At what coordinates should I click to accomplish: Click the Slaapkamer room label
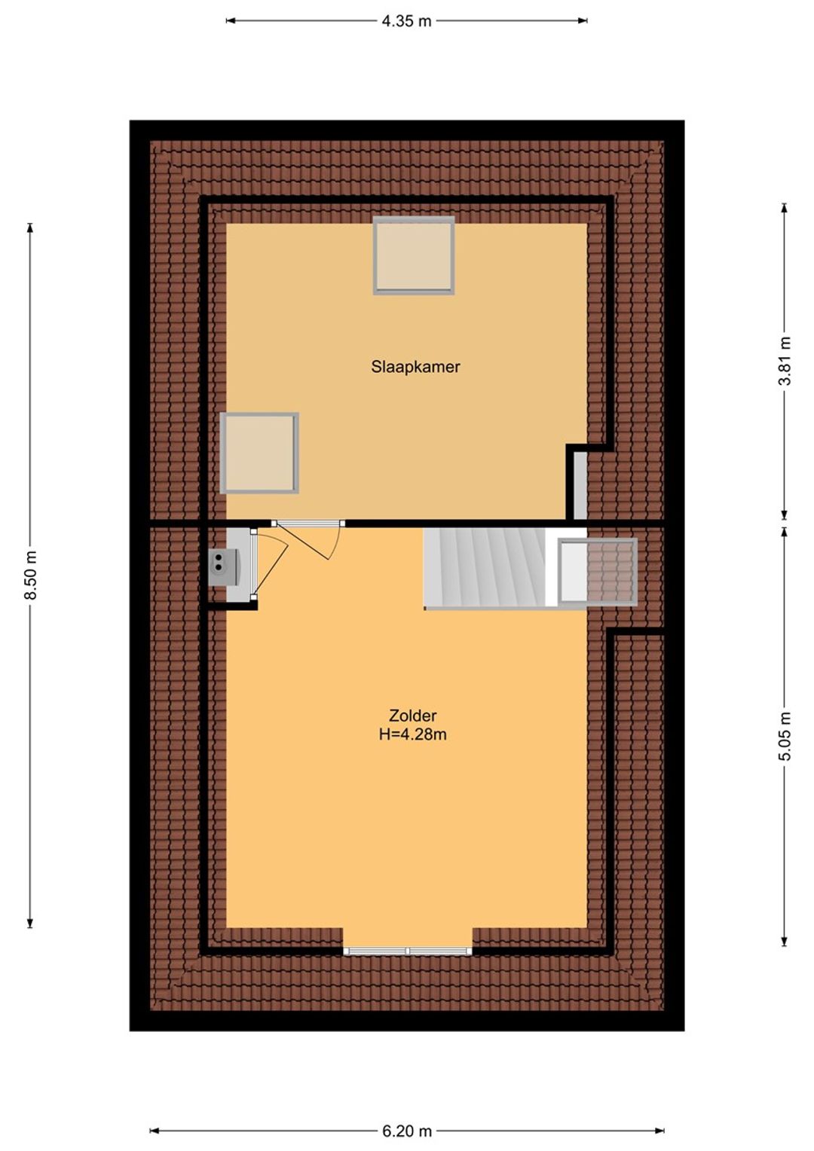pyautogui.click(x=415, y=367)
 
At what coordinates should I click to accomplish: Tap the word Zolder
pyautogui.click(x=412, y=716)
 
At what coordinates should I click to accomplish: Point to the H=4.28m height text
pyautogui.click(x=412, y=734)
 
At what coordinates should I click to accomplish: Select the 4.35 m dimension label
pyautogui.click(x=406, y=21)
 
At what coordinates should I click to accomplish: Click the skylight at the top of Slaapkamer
pyautogui.click(x=414, y=255)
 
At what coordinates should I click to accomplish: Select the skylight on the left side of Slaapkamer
pyautogui.click(x=260, y=453)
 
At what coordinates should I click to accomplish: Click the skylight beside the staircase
pyautogui.click(x=598, y=572)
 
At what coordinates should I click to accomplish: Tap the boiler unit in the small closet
pyautogui.click(x=224, y=566)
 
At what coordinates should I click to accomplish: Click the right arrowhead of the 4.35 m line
pyautogui.click(x=583, y=21)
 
